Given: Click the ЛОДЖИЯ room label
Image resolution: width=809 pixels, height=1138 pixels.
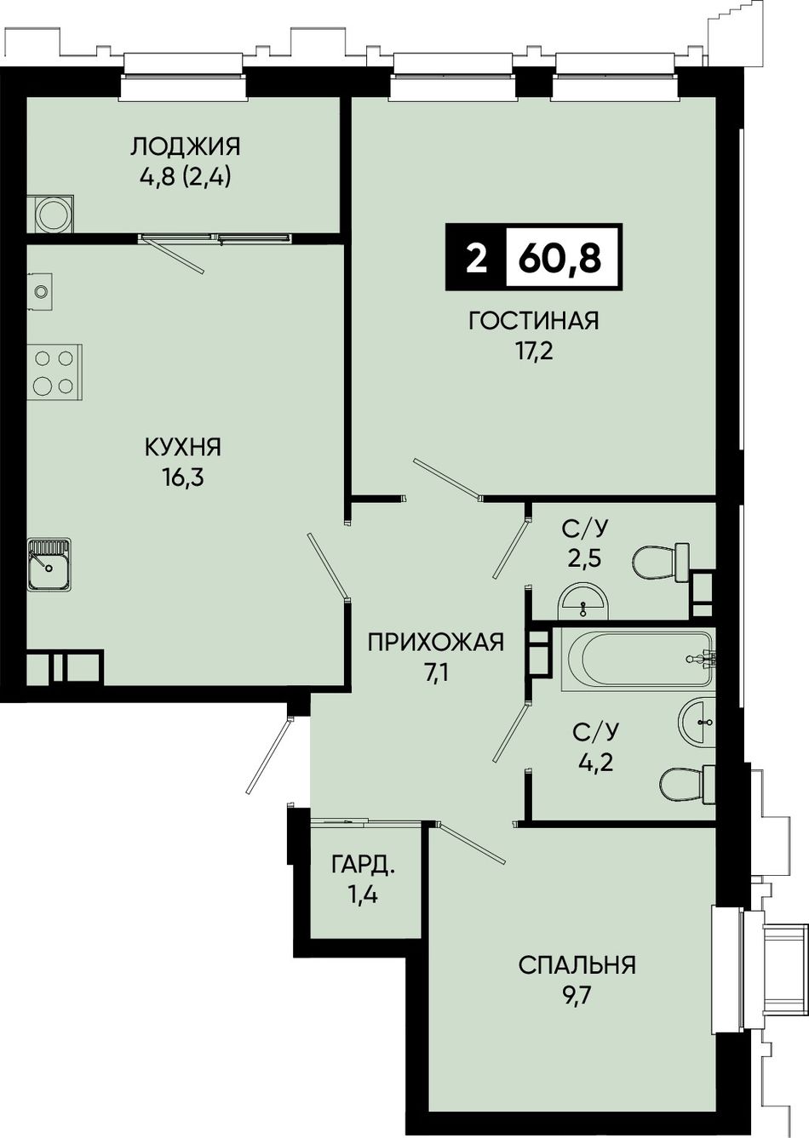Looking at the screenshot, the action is pos(186,147).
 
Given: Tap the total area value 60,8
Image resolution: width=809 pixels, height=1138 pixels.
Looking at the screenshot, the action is pos(560,258).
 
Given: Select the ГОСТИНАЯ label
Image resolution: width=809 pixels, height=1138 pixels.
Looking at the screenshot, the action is pos(534,321).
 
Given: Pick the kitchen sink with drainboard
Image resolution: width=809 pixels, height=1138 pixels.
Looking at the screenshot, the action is pos(49,563).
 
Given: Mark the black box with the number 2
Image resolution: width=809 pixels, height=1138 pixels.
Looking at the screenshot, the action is pos(476,258).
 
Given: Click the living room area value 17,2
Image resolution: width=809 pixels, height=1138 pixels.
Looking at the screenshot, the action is pos(533,352).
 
